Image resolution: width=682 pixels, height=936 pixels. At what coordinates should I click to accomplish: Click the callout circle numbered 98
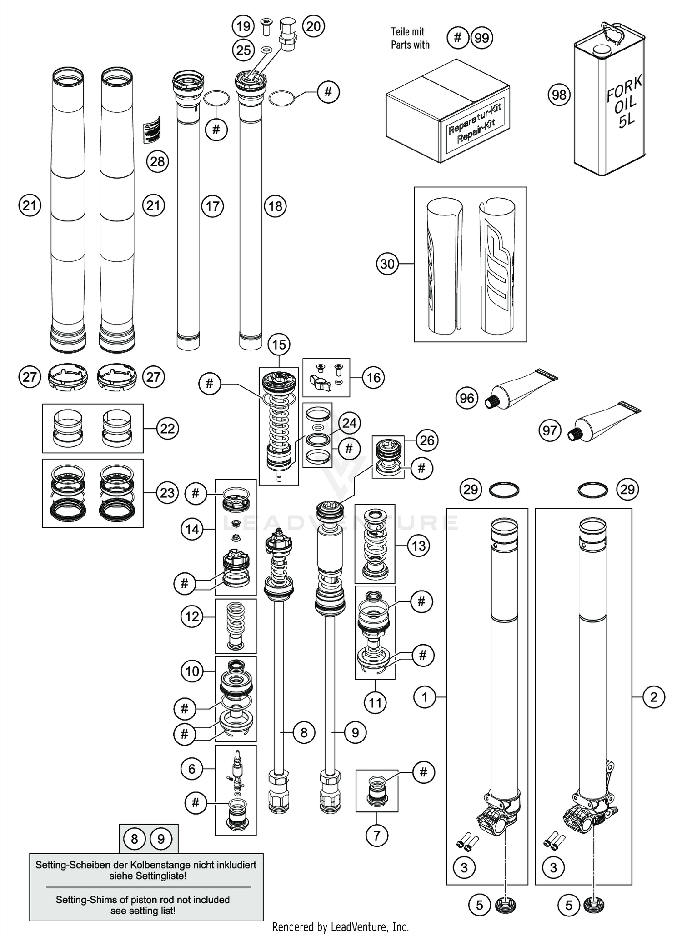point(559,95)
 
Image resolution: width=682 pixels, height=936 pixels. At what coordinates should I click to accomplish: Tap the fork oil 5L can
point(609,105)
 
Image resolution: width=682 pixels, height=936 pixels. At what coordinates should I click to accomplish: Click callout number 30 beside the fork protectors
point(387,264)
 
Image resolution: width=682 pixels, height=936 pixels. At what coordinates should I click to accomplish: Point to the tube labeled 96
point(523,389)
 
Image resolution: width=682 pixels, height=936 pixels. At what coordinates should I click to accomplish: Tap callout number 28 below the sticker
point(157,161)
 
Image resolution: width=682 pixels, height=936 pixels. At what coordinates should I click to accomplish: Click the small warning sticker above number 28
point(152,129)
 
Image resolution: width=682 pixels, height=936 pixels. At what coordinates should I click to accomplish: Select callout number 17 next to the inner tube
point(212,206)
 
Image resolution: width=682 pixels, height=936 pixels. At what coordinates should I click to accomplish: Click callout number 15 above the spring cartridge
point(279,345)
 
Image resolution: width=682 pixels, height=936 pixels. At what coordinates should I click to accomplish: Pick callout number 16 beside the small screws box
point(373,377)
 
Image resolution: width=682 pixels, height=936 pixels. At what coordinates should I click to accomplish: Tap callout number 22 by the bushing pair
point(167,429)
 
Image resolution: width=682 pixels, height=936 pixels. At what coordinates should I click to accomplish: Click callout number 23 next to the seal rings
point(167,493)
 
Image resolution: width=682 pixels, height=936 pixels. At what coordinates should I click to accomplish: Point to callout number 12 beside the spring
point(192,616)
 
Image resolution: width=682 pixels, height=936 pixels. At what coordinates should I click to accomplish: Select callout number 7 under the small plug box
point(376,836)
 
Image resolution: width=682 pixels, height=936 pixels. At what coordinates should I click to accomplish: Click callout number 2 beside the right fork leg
point(653,697)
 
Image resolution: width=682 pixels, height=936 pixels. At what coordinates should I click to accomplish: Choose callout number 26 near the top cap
point(427,440)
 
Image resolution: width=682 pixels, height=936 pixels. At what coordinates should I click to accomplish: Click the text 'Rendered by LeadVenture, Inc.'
point(341,926)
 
